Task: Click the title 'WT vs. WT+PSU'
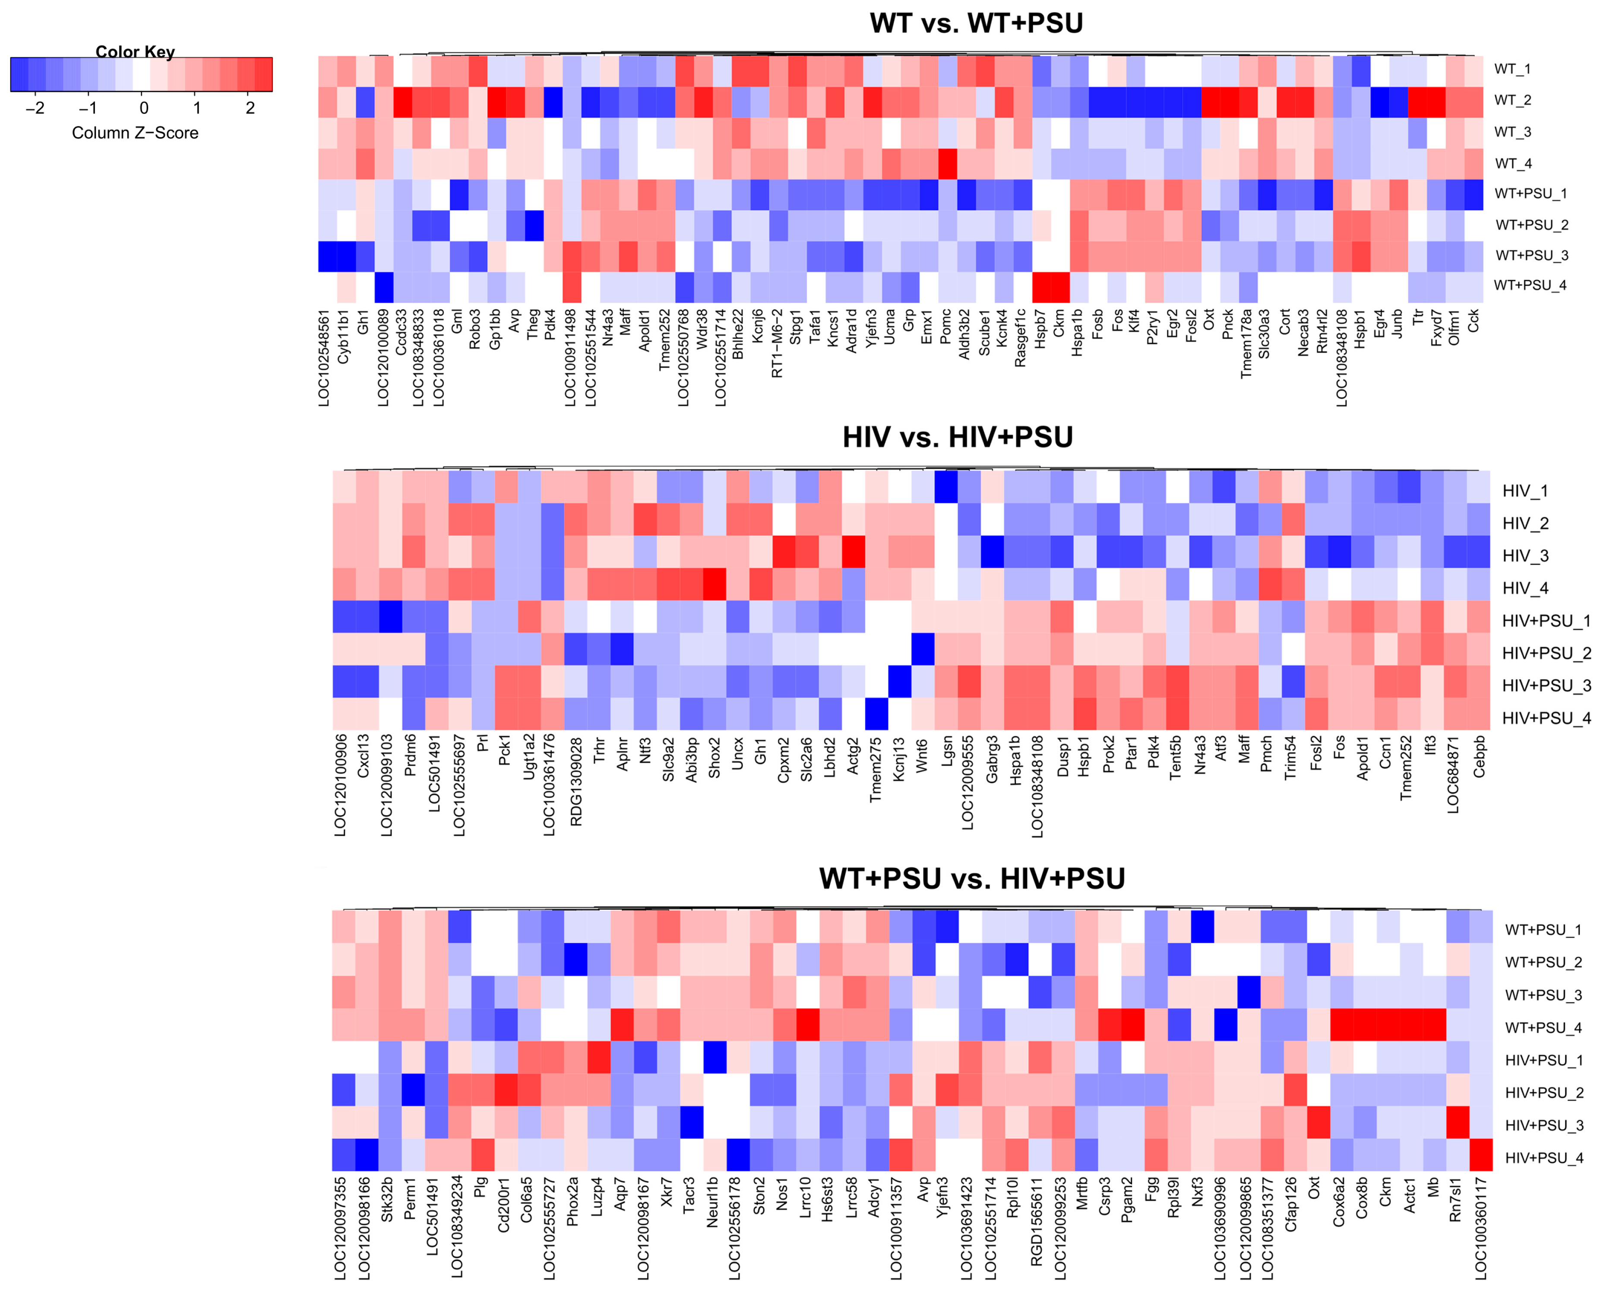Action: click(x=976, y=23)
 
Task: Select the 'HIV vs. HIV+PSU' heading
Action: click(x=957, y=437)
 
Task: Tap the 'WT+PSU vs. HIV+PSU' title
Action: click(x=971, y=879)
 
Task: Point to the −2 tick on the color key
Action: click(x=35, y=108)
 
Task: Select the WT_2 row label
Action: click(x=1512, y=100)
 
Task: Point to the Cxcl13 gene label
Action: click(x=364, y=756)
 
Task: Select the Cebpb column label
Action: click(x=1479, y=757)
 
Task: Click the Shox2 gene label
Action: click(x=714, y=757)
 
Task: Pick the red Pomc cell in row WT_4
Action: click(x=947, y=164)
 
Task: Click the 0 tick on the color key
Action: click(x=144, y=108)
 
